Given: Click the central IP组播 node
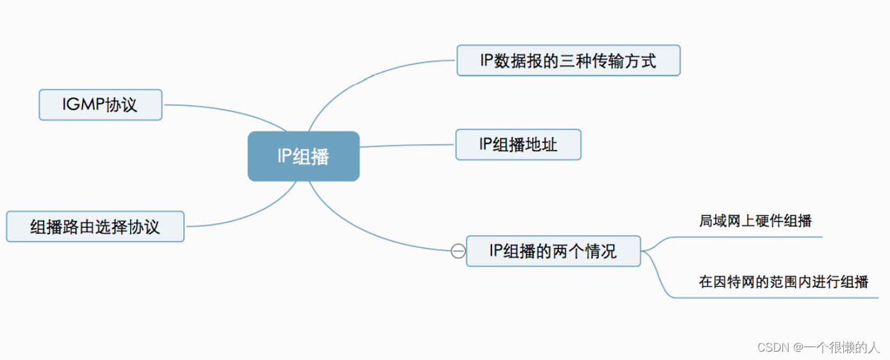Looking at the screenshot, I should click(303, 156).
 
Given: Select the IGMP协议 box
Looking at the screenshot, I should click(101, 105).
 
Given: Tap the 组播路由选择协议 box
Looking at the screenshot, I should click(95, 227).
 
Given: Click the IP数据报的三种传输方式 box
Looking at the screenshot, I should click(568, 61).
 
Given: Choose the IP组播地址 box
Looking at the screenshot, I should click(518, 145).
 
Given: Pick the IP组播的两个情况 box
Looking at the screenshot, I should click(553, 251).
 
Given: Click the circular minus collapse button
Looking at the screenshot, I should click(458, 251).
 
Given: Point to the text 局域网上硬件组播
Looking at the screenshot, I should click(755, 222).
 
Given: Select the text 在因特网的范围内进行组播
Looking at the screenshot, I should click(784, 282).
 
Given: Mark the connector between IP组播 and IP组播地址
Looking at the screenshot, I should click(408, 145).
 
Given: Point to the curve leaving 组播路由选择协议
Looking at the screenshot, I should click(243, 218).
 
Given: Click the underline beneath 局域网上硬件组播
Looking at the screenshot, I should click(756, 236).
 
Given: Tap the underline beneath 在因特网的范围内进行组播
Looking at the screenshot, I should click(782, 297).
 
